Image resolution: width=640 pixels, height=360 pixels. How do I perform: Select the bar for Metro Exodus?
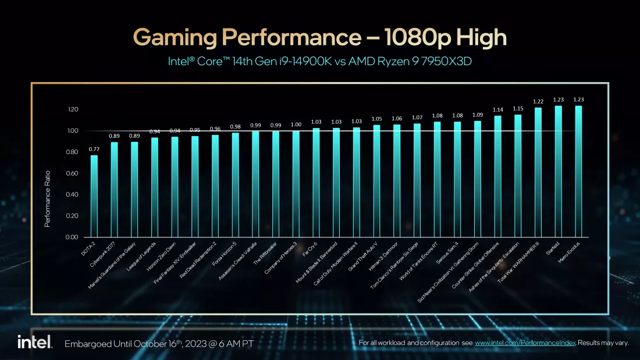click(x=578, y=172)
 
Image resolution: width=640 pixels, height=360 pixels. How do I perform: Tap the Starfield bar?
click(x=559, y=172)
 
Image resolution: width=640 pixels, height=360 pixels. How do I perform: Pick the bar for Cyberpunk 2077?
click(x=114, y=190)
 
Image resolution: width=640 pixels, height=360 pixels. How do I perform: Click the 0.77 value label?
click(x=94, y=149)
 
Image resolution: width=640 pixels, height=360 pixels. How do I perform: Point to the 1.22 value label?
click(x=538, y=102)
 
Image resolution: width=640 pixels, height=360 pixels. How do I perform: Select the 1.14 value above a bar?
click(x=497, y=110)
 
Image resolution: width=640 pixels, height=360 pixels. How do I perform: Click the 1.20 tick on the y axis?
click(x=72, y=110)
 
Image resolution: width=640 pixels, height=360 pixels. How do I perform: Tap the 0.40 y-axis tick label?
click(x=72, y=195)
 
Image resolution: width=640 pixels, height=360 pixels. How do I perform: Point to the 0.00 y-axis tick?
click(x=72, y=237)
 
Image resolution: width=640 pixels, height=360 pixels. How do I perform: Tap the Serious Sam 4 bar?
click(x=457, y=180)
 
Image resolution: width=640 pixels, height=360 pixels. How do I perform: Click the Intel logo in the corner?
click(x=34, y=342)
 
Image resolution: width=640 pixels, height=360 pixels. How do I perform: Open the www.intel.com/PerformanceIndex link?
click(x=525, y=343)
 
